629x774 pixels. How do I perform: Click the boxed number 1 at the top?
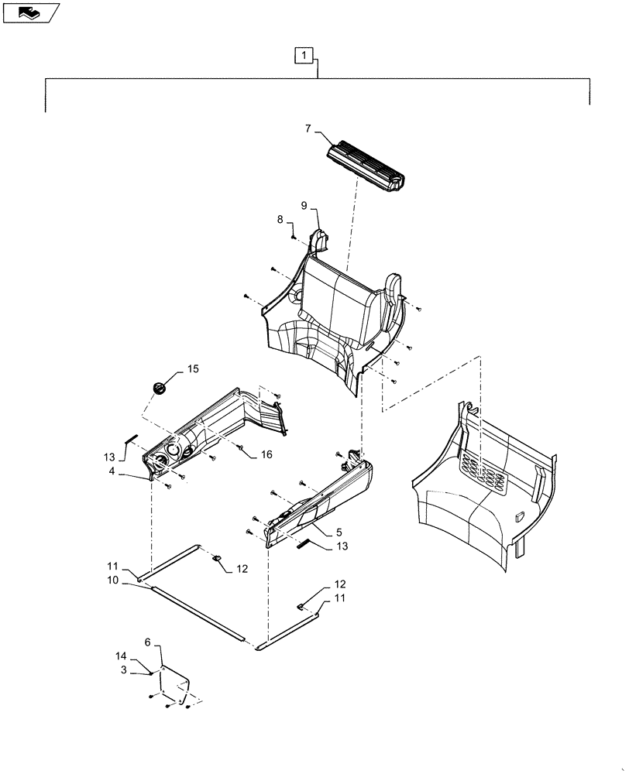click(x=305, y=55)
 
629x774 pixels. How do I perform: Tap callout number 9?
click(x=304, y=205)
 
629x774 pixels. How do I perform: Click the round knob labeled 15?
click(x=160, y=387)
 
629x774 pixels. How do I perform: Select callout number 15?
click(x=192, y=369)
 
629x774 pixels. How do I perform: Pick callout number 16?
click(x=266, y=455)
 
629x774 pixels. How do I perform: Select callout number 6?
click(x=148, y=642)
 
